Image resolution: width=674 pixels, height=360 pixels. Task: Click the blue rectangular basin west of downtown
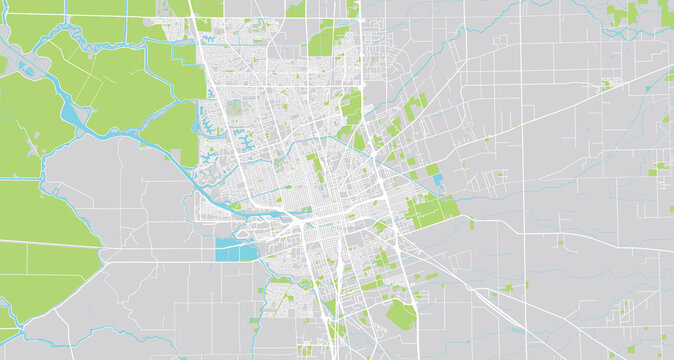click(x=235, y=249)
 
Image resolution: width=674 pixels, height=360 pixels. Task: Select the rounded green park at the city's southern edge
click(x=401, y=314)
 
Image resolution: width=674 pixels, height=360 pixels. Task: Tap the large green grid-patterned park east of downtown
click(x=433, y=211)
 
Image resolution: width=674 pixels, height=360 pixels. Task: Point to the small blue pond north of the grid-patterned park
click(x=433, y=170)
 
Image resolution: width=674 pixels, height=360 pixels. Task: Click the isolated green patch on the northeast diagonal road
click(x=606, y=85)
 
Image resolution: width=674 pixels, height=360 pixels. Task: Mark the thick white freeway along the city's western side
click(x=212, y=100)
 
